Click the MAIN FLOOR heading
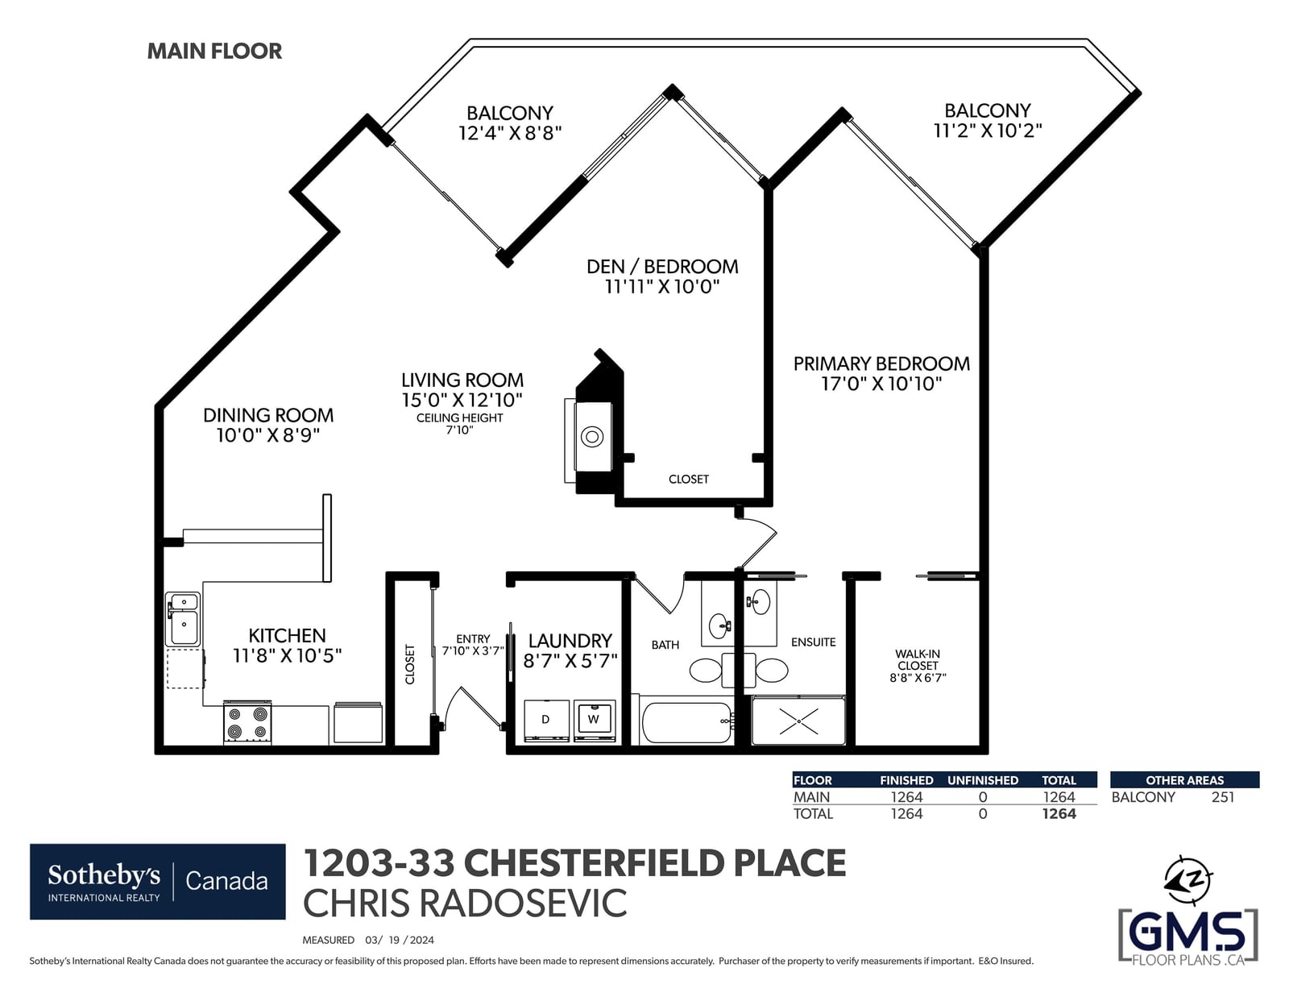214,51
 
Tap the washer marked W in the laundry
594,721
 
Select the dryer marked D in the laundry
546,721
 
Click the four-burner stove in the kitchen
247,721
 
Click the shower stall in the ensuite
798,721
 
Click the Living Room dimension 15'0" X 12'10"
462,400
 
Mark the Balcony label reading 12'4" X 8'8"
510,123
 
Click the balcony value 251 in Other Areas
1223,797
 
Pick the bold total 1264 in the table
1059,813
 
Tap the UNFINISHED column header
983,780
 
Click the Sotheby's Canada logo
158,882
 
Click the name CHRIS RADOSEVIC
465,904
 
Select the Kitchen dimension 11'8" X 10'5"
287,656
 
